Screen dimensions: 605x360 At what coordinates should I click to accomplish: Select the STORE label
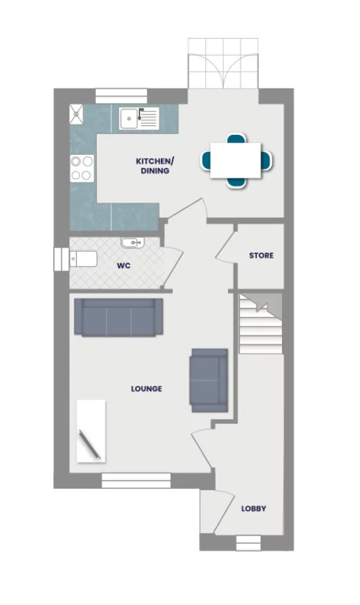[261, 256]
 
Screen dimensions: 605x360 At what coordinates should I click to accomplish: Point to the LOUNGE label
[146, 389]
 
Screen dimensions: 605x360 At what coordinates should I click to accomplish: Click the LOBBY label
[254, 509]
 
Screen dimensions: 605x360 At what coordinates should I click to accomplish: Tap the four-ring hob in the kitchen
[82, 168]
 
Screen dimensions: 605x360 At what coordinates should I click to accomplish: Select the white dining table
[236, 160]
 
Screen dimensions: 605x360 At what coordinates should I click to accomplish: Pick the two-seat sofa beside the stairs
[209, 380]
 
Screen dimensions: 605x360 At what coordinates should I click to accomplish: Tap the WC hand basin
[131, 243]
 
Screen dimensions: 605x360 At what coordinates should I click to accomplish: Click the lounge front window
[136, 478]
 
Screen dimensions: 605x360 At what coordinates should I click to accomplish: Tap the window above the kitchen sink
[115, 95]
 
